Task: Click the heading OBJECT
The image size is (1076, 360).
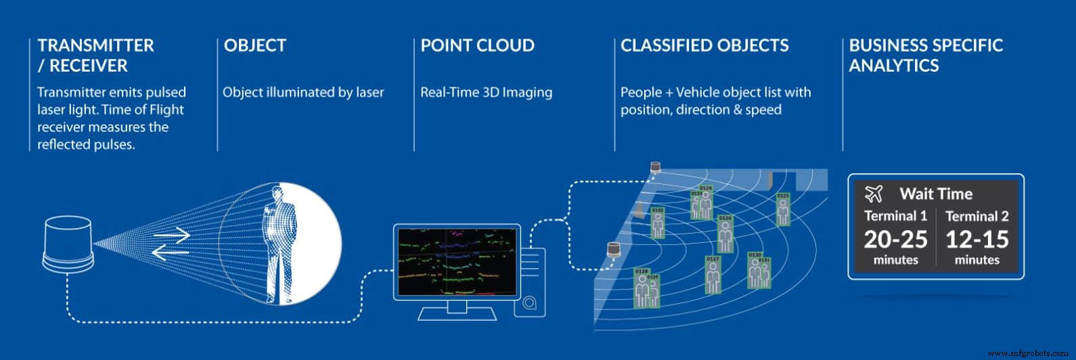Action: click(x=255, y=46)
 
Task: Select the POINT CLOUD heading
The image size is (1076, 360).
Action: click(x=477, y=46)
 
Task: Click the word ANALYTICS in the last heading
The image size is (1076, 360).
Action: click(x=894, y=66)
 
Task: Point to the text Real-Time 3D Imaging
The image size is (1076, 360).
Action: click(x=486, y=92)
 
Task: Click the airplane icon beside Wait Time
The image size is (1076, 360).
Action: click(x=874, y=194)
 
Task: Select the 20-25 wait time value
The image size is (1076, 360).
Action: click(x=895, y=239)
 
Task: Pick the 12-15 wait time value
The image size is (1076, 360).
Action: click(x=977, y=239)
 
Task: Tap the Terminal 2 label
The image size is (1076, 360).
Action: click(x=977, y=217)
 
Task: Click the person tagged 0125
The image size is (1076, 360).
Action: click(x=783, y=211)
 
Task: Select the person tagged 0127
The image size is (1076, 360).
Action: click(x=712, y=277)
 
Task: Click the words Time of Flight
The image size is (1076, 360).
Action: click(x=148, y=110)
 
